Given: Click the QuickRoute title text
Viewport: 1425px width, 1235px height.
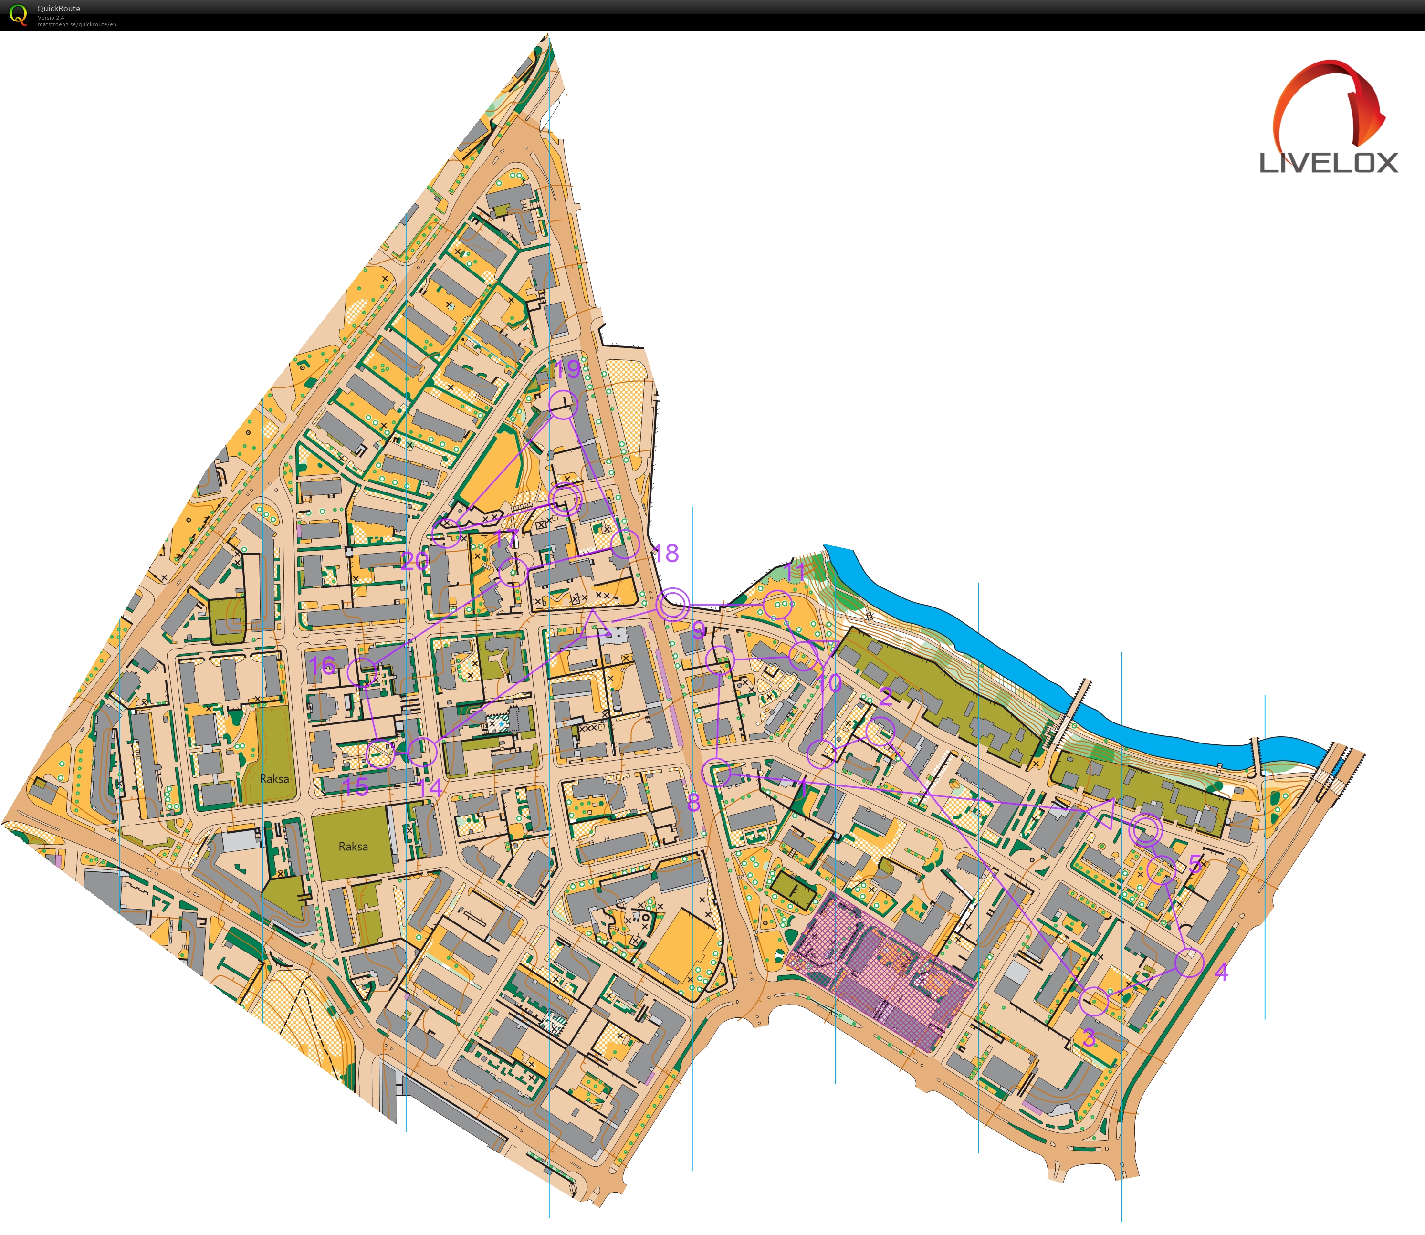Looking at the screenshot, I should click(59, 8).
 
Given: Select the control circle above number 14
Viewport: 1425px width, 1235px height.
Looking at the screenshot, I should click(423, 751).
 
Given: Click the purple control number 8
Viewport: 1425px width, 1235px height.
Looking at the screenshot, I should click(693, 802).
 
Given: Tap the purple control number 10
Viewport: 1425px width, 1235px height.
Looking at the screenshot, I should click(829, 683).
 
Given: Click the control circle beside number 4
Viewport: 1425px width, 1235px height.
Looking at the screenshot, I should click(1189, 963).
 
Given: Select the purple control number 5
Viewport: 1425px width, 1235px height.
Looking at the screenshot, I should click(1195, 864).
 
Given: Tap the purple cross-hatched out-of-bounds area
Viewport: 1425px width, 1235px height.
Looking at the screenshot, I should click(882, 965).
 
